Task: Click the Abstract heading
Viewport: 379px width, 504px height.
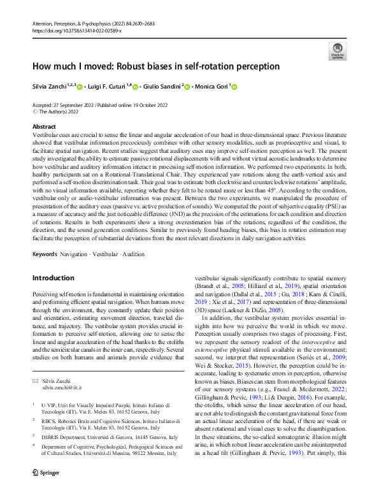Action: coord(44,127)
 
